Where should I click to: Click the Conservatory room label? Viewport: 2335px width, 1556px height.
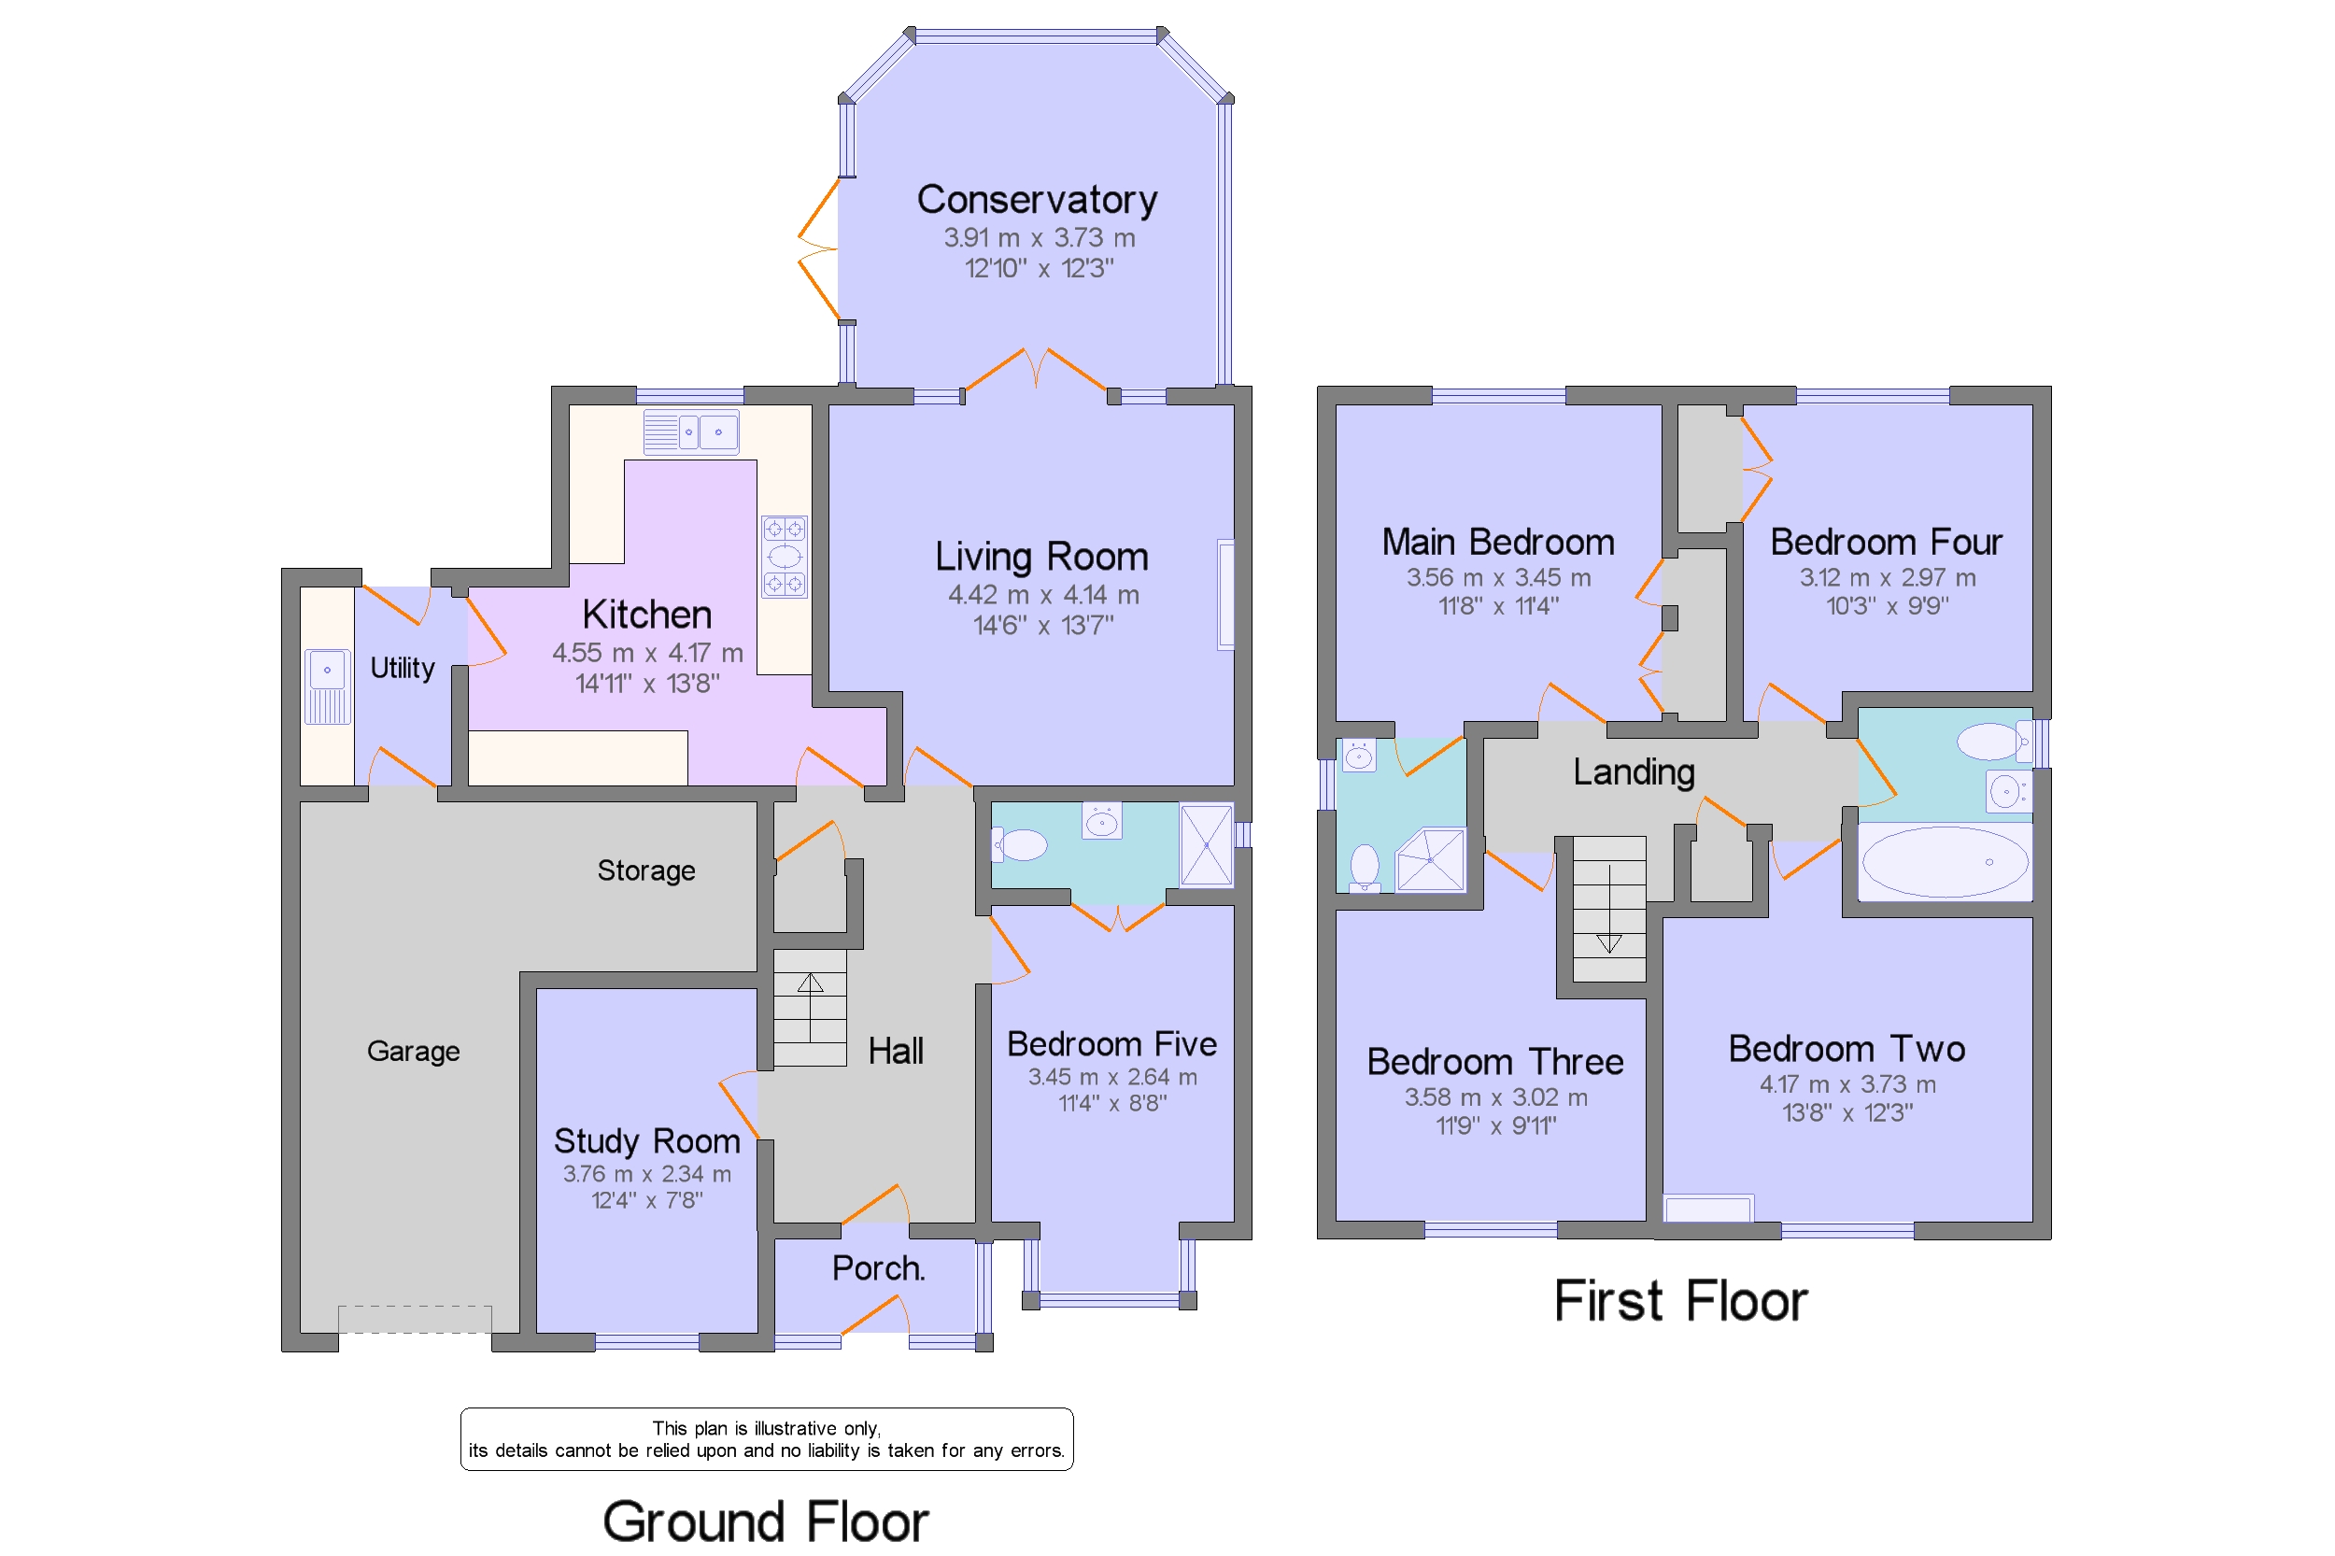[x=1036, y=200]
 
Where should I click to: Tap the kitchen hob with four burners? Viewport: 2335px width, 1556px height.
[x=783, y=556]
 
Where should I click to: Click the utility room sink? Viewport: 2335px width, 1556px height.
[x=327, y=686]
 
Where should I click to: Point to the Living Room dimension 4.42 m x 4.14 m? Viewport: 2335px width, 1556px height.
[x=1042, y=594]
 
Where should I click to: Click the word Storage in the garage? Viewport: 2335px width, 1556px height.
[x=645, y=870]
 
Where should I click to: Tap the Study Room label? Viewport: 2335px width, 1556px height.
[x=646, y=1141]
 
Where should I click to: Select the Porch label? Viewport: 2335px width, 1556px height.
[x=877, y=1268]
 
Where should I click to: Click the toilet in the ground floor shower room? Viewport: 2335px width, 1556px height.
[x=1020, y=844]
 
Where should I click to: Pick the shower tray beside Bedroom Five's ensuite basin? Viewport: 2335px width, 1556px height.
[x=1206, y=844]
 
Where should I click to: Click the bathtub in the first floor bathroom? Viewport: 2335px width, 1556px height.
[x=1944, y=861]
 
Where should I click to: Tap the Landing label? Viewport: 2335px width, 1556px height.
[x=1633, y=772]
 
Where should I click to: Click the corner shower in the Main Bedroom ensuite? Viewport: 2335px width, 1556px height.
[x=1430, y=859]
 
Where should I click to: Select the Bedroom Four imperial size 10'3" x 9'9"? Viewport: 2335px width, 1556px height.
[x=1887, y=605]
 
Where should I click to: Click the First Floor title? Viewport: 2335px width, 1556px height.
[x=1679, y=1300]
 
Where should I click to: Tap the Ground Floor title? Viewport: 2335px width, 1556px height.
[x=765, y=1521]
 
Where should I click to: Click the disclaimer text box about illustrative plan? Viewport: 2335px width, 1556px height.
[x=766, y=1439]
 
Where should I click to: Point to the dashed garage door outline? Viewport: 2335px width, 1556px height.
[x=414, y=1319]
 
